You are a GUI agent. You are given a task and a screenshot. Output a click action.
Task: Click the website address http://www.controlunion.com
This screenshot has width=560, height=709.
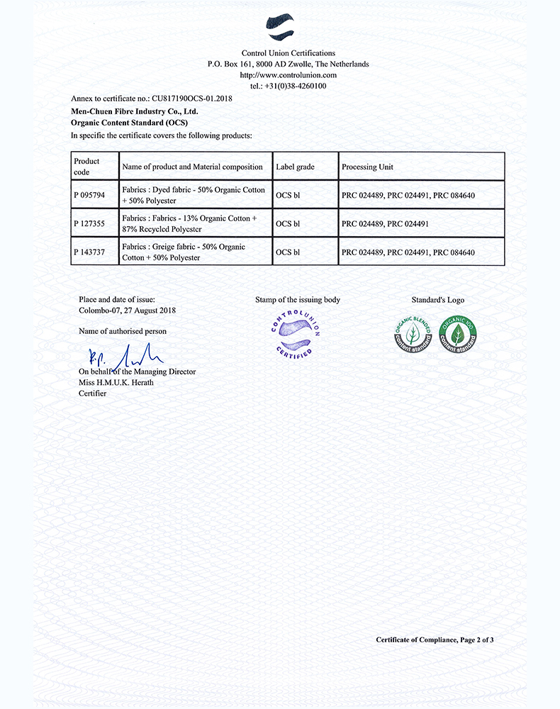click(288, 74)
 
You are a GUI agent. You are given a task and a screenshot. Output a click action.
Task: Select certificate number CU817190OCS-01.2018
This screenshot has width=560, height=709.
click(191, 99)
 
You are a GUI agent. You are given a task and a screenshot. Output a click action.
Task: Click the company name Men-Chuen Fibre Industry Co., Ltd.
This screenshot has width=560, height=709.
click(135, 111)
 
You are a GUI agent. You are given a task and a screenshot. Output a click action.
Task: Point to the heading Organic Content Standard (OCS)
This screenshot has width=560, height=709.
click(124, 123)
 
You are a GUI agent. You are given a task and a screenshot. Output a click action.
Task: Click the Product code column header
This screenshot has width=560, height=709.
click(86, 166)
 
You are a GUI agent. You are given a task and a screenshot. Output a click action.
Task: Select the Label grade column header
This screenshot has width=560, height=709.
click(295, 167)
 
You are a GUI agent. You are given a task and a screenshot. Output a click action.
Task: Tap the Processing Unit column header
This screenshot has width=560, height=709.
click(367, 167)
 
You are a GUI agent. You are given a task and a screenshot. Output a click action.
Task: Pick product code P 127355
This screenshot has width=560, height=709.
click(88, 223)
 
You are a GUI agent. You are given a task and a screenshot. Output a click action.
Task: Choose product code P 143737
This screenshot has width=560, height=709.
click(88, 252)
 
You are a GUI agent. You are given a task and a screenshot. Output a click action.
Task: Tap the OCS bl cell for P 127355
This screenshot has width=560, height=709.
click(288, 223)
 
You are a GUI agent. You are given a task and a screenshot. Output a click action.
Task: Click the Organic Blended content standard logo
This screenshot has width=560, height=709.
click(413, 334)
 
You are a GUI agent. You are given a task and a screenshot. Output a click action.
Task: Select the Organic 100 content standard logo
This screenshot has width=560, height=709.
click(457, 334)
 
